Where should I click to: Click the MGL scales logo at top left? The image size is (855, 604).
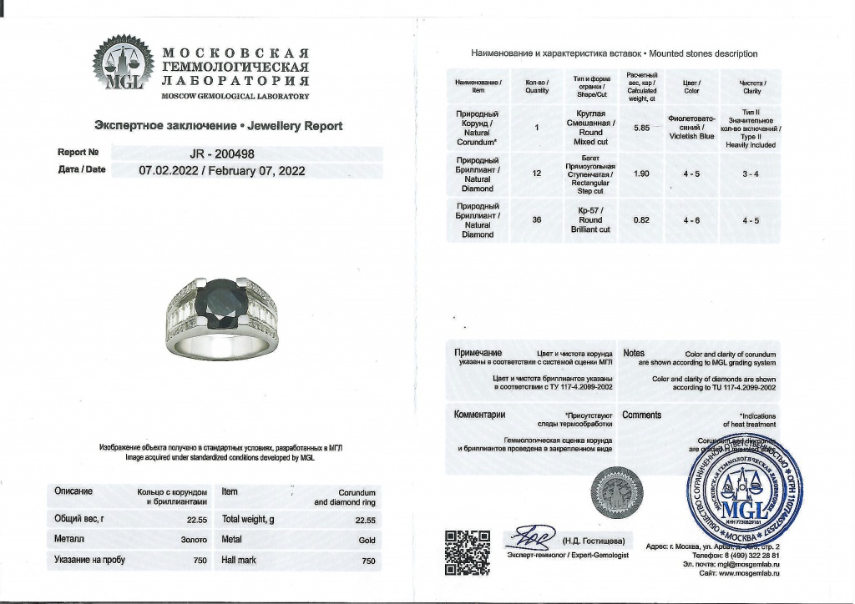click(x=122, y=64)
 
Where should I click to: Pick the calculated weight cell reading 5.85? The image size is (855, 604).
click(x=642, y=128)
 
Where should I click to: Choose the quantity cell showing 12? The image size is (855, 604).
click(x=537, y=173)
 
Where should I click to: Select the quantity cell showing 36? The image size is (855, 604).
click(x=537, y=220)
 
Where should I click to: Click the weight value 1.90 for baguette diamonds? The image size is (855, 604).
click(x=642, y=173)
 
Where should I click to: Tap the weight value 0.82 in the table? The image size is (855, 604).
click(x=642, y=220)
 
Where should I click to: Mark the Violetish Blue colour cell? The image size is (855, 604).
click(x=691, y=128)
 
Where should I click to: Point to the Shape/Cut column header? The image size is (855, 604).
click(x=590, y=87)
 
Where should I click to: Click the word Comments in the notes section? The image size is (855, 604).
click(x=642, y=415)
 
